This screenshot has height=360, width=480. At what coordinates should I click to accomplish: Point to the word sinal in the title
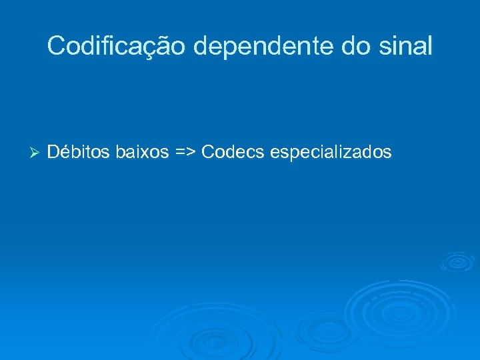pyautogui.click(x=407, y=46)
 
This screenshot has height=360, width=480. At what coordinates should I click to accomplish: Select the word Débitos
pyautogui.click(x=79, y=153)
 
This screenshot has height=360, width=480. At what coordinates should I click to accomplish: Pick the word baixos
pyautogui.click(x=142, y=153)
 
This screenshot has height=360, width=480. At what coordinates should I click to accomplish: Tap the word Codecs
pyautogui.click(x=233, y=153)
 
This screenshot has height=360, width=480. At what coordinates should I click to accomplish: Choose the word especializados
pyautogui.click(x=331, y=153)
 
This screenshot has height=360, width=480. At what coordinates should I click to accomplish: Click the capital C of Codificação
pyautogui.click(x=57, y=46)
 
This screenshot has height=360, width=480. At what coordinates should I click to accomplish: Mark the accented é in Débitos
pyautogui.click(x=65, y=153)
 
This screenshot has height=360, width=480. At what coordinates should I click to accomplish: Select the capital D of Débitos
pyautogui.click(x=53, y=153)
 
